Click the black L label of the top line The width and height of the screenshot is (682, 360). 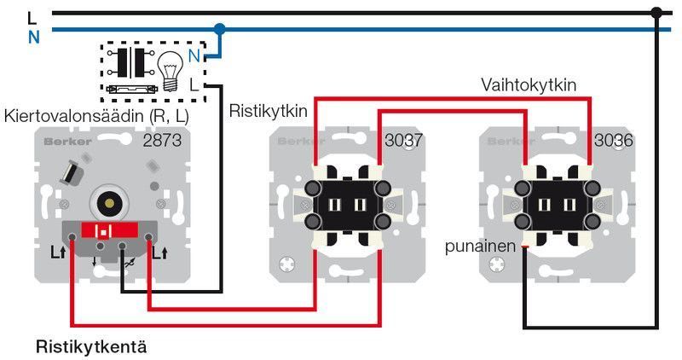coord(32,15)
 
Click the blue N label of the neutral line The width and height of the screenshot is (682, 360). coord(33,37)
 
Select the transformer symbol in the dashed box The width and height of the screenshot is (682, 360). coord(130,62)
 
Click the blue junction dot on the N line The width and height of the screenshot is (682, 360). coord(220,29)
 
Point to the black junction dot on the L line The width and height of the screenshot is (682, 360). coord(656,13)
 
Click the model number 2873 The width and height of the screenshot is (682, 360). coord(163,140)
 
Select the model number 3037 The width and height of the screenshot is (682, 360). coord(405,140)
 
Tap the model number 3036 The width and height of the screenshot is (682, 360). coord(614,140)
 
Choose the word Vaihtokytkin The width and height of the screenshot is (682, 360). coord(529,85)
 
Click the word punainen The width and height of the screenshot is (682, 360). coord(481,247)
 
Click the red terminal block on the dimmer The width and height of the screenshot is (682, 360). coord(107,231)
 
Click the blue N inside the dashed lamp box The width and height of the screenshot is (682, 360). coord(194,56)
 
